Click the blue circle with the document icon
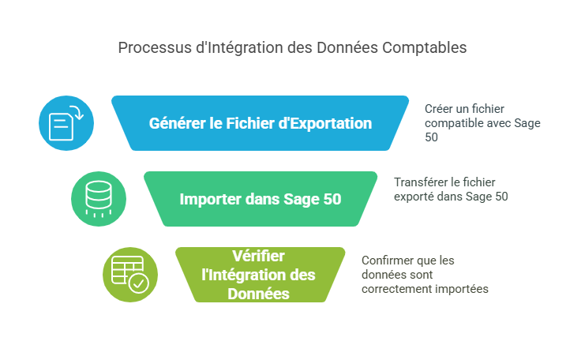[66, 123]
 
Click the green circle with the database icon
[99, 199]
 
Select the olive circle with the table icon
[130, 275]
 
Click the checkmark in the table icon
[139, 284]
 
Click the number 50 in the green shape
[332, 199]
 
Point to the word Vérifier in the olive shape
[258, 256]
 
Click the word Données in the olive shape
[258, 294]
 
